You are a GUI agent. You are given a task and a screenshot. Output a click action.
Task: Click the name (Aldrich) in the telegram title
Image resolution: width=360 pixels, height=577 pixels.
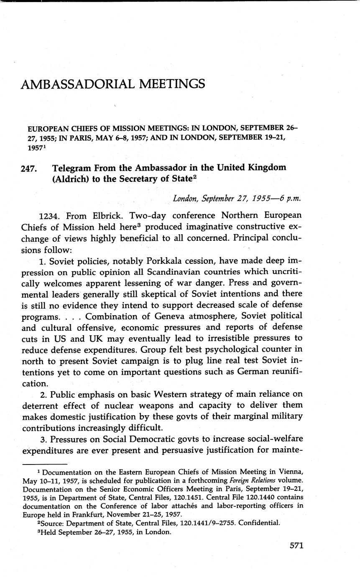(x=69, y=180)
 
